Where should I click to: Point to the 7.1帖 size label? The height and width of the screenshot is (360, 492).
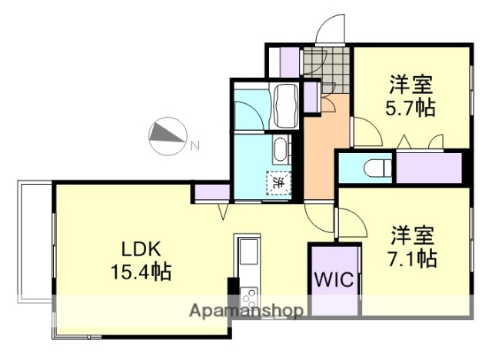tap(411, 257)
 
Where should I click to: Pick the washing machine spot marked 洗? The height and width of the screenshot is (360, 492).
tap(278, 183)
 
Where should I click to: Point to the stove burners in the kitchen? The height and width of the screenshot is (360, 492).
tap(250, 295)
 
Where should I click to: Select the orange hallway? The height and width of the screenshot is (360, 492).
tap(319, 154)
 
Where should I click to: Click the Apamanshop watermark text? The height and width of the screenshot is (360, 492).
tap(246, 312)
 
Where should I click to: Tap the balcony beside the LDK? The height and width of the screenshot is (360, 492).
tap(33, 239)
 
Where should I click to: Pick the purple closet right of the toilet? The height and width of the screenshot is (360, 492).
tap(427, 168)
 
